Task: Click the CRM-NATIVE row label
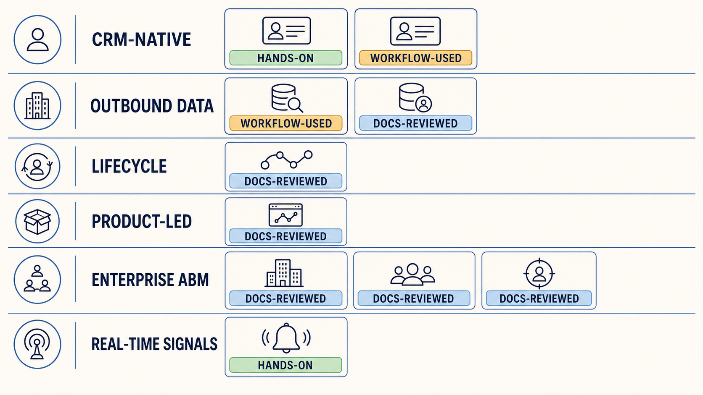click(x=141, y=39)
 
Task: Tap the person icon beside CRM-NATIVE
click(x=38, y=39)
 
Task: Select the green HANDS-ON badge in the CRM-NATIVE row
click(x=285, y=58)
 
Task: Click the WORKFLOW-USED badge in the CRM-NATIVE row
click(x=415, y=58)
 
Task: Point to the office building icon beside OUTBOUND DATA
click(x=37, y=105)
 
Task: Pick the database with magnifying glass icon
click(x=287, y=98)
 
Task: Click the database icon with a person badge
click(x=415, y=97)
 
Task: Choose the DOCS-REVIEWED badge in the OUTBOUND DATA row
click(x=415, y=123)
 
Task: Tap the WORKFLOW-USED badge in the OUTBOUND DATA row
click(x=285, y=123)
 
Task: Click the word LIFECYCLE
click(x=129, y=166)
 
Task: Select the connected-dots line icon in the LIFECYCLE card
click(x=286, y=160)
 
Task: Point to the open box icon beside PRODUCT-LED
click(x=37, y=222)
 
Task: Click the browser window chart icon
click(x=285, y=215)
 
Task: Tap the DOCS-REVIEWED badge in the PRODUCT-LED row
click(x=285, y=236)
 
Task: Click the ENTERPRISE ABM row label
click(x=150, y=280)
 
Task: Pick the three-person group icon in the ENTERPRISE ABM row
click(x=413, y=275)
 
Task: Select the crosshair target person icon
click(x=539, y=273)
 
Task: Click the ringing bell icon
click(x=286, y=338)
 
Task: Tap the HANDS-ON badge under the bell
click(x=285, y=365)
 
